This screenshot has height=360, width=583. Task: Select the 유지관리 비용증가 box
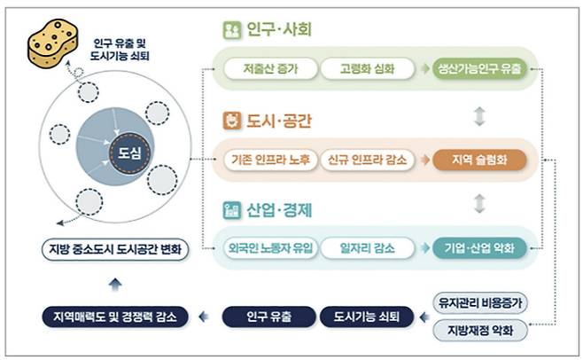coord(481,302)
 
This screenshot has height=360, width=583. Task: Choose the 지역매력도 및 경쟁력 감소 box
coord(114,316)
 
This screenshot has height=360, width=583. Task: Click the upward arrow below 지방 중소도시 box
coord(114,283)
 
